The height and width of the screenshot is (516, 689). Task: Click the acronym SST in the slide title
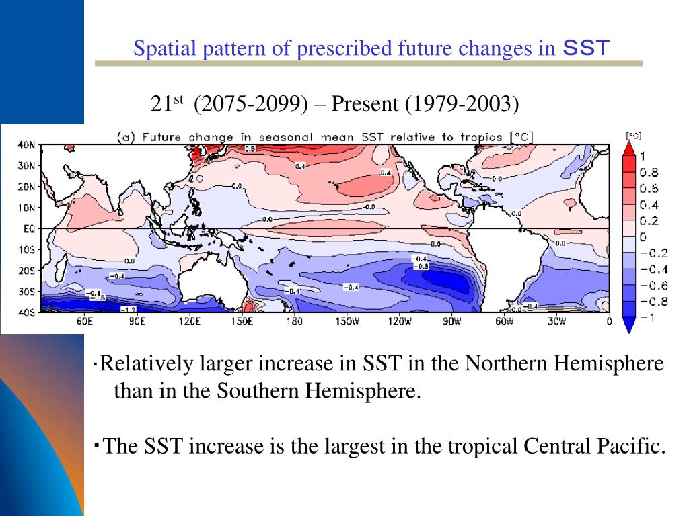pyautogui.click(x=585, y=48)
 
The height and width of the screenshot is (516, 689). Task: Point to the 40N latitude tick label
pyautogui.click(x=27, y=145)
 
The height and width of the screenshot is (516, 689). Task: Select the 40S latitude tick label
pyautogui.click(x=27, y=312)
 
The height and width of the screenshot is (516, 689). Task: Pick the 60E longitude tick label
pyautogui.click(x=84, y=322)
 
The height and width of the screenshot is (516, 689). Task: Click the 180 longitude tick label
pyautogui.click(x=294, y=322)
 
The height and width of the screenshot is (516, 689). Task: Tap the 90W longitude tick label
pyautogui.click(x=451, y=322)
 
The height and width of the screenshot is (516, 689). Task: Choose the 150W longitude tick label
pyautogui.click(x=347, y=322)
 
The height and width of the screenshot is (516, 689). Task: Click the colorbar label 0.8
pyautogui.click(x=649, y=172)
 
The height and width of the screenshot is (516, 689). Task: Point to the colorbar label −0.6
pyautogui.click(x=651, y=286)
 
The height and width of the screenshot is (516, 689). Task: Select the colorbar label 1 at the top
pyautogui.click(x=642, y=156)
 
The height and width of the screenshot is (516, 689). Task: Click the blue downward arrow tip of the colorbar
pyautogui.click(x=628, y=329)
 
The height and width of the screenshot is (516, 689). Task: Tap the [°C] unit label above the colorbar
pyautogui.click(x=633, y=136)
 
